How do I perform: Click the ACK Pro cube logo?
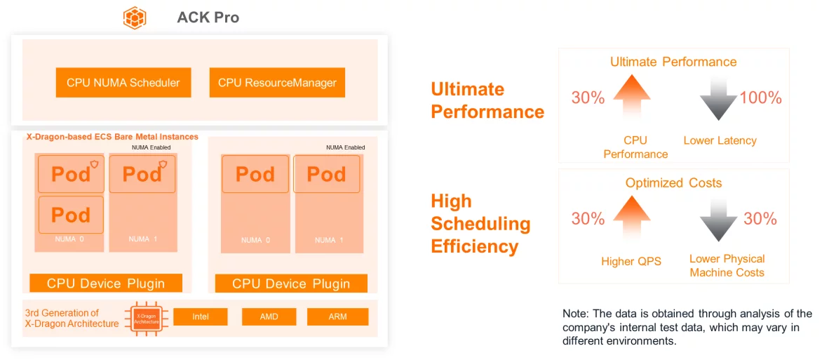(x=135, y=18)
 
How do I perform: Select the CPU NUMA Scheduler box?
(x=123, y=82)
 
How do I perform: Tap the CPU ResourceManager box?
(x=277, y=82)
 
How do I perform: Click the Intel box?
(x=201, y=317)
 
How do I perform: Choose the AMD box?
(x=269, y=317)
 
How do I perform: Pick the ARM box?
(x=337, y=317)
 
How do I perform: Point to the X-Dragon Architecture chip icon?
(x=147, y=319)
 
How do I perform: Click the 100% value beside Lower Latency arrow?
(x=761, y=98)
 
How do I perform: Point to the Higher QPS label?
(x=631, y=261)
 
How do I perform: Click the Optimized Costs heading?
(x=673, y=183)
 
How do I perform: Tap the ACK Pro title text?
(x=208, y=18)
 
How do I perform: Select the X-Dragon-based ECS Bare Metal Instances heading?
(x=112, y=137)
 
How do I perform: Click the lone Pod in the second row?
(x=72, y=215)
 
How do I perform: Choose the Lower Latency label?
(x=720, y=140)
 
